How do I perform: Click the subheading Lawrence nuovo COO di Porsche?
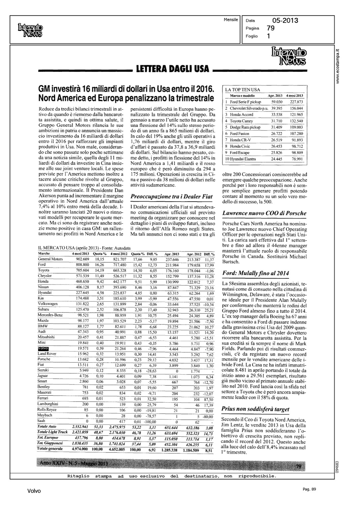pos(265,213)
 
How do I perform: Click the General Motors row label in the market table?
pos(50,259)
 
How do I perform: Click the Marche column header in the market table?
pos(44,253)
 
